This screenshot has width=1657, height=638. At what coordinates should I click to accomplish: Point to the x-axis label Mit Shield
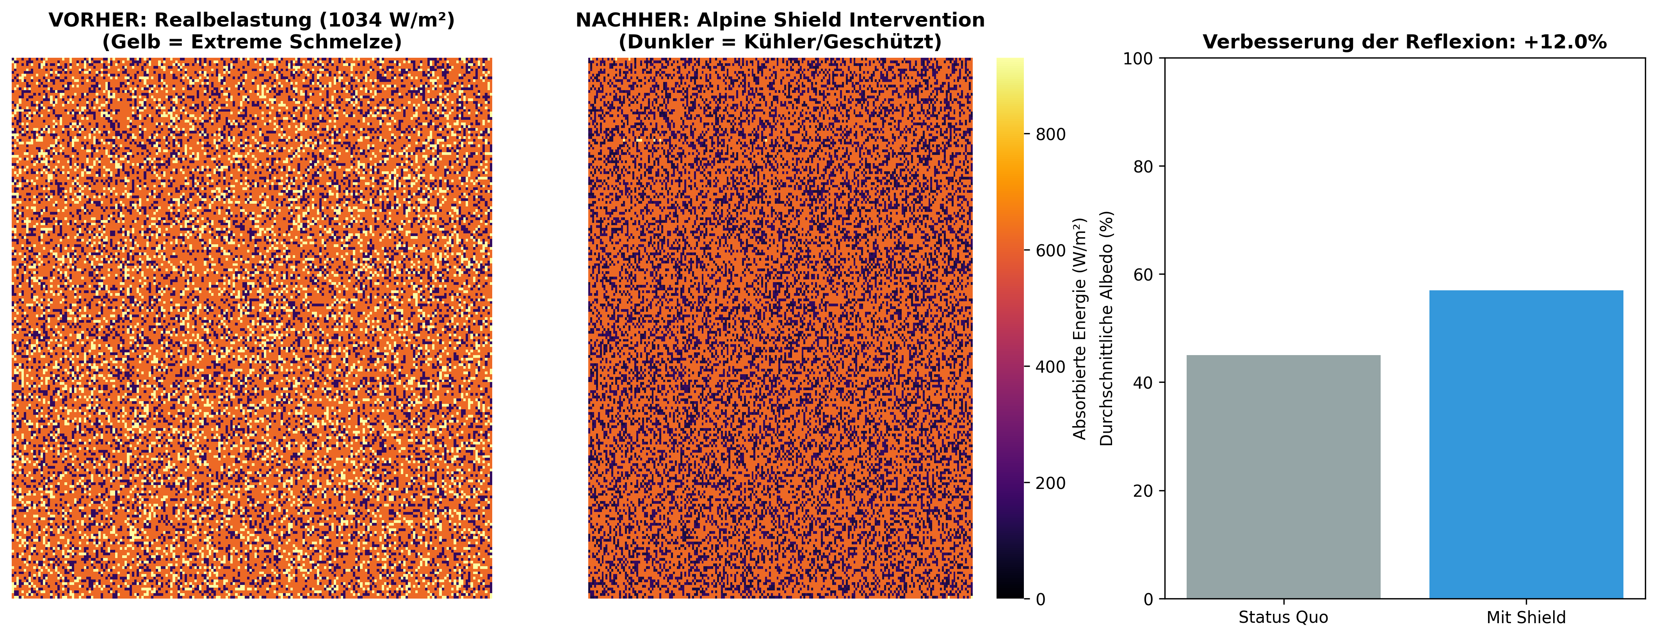[x=1526, y=617]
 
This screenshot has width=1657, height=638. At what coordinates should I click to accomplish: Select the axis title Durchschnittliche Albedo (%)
[x=1106, y=329]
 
